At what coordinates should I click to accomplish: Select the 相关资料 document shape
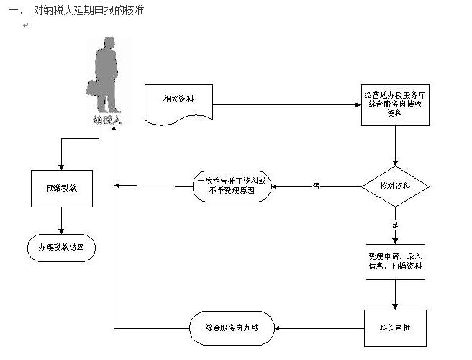[179, 103]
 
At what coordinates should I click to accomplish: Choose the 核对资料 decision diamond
[395, 186]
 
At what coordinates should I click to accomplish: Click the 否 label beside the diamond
[317, 186]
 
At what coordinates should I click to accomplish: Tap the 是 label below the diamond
[394, 225]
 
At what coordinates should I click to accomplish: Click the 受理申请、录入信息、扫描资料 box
[395, 261]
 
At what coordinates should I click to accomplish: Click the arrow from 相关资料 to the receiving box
[288, 104]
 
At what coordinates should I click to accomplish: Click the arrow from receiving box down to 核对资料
[395, 148]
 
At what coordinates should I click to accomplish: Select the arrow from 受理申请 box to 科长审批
[395, 295]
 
